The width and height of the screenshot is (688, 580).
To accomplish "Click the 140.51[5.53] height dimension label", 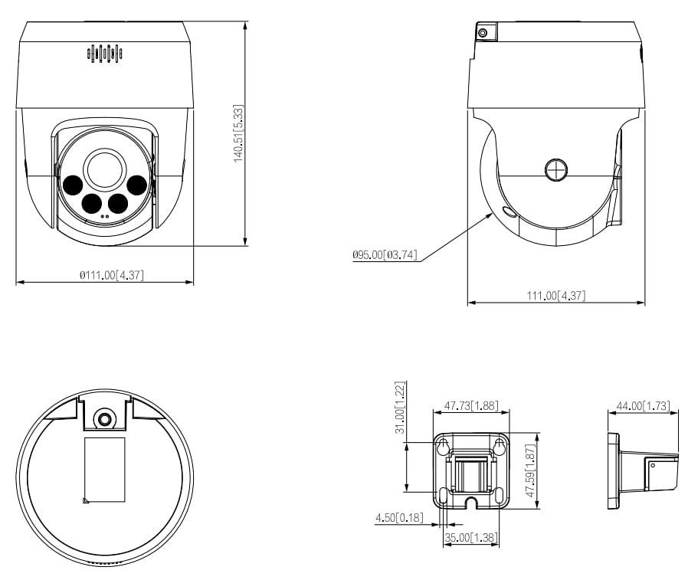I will [238, 133].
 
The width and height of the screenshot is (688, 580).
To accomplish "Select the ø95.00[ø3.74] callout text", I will [385, 254].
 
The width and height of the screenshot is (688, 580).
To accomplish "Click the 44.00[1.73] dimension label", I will [643, 405].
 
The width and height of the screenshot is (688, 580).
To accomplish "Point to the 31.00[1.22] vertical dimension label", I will [400, 408].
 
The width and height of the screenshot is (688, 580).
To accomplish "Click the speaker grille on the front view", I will [105, 52].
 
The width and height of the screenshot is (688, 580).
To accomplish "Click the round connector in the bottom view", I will [104, 418].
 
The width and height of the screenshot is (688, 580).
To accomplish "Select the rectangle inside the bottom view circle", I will [104, 469].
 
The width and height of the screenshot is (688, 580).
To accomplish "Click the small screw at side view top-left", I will [483, 32].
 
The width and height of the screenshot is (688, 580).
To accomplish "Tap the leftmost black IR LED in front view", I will [74, 185].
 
